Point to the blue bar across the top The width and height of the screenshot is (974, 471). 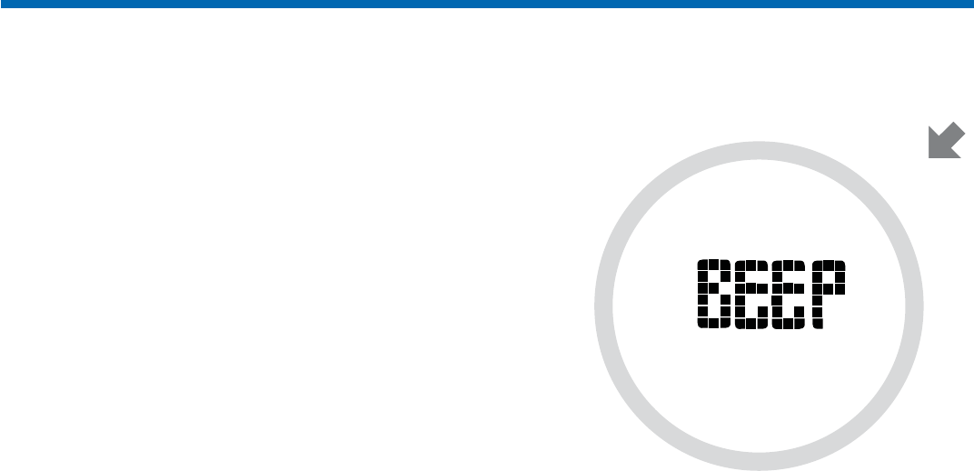tap(487, 5)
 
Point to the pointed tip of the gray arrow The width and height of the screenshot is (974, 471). tap(929, 157)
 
